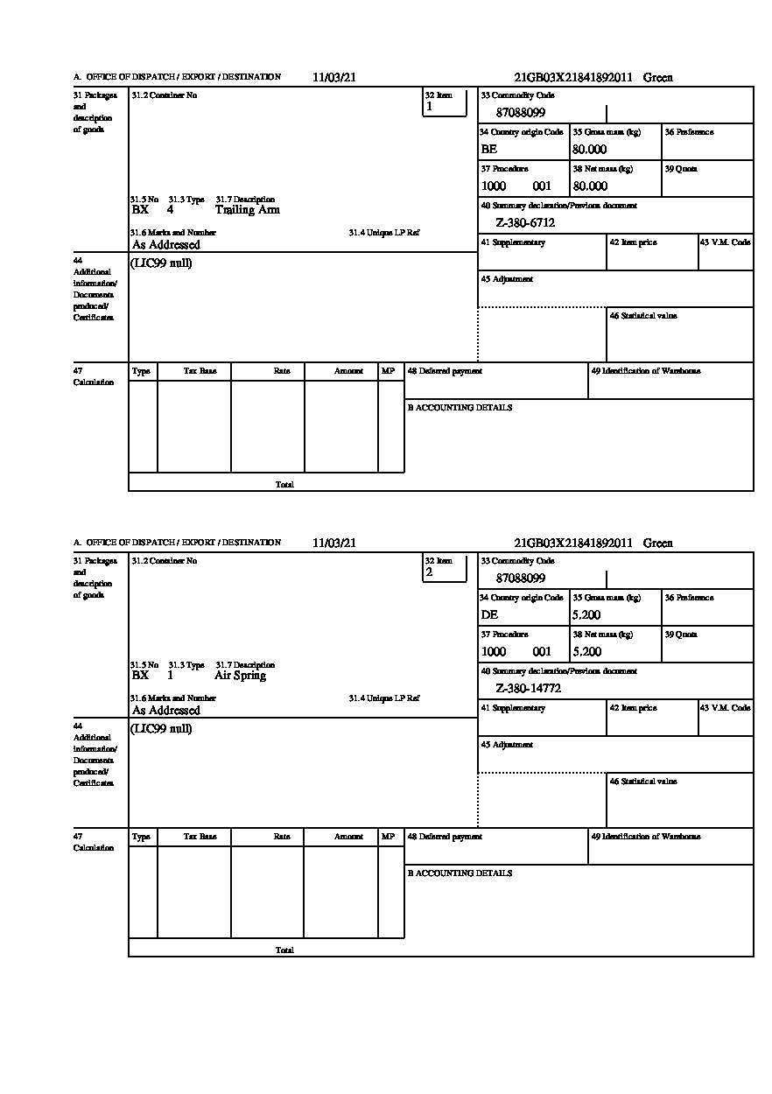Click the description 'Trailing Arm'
point(247,210)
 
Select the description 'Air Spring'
point(240,676)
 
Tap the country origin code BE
point(488,150)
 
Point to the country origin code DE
point(489,615)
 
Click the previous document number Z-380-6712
point(525,223)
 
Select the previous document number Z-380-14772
point(528,689)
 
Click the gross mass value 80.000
point(589,150)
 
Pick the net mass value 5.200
point(586,652)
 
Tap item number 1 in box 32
point(429,107)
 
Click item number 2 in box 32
point(429,572)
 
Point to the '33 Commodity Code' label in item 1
point(517,95)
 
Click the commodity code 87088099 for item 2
point(520,579)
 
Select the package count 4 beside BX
point(170,210)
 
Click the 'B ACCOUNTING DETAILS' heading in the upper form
point(460,408)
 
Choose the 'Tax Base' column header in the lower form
point(200,837)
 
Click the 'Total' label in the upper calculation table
point(284,484)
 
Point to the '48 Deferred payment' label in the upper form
point(445,371)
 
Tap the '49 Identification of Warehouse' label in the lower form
point(646,837)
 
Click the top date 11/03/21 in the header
point(334,77)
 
